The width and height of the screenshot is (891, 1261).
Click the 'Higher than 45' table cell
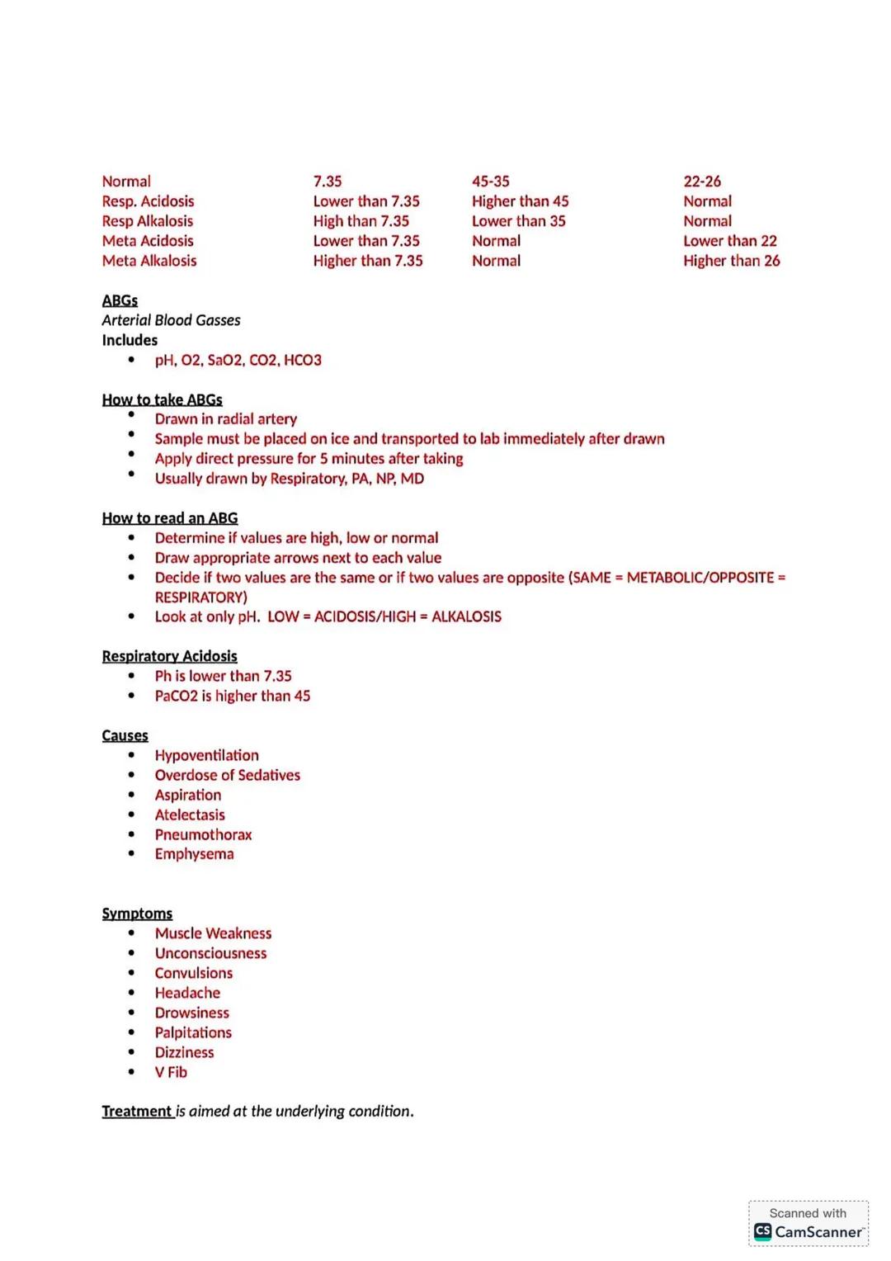tap(520, 201)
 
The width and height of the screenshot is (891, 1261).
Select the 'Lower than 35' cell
tap(518, 221)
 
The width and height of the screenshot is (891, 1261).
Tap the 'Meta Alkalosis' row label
tap(149, 261)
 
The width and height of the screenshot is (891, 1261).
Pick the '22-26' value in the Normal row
tap(701, 182)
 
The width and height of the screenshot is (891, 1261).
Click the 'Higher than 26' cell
tap(731, 261)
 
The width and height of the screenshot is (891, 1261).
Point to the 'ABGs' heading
tap(120, 300)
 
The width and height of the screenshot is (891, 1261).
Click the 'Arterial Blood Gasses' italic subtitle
tap(171, 320)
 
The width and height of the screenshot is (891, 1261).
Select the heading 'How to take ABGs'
tap(162, 399)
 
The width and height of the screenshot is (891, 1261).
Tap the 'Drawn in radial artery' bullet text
tap(225, 419)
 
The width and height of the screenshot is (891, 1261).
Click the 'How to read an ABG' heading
tap(169, 518)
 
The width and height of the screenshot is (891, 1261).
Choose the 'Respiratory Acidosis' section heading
tap(169, 656)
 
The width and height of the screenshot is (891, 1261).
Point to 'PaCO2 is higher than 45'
tap(232, 696)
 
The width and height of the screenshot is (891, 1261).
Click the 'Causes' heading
tap(125, 735)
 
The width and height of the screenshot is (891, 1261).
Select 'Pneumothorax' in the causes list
tap(203, 834)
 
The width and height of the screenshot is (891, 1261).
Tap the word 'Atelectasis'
tap(189, 815)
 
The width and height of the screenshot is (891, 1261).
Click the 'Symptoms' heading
tap(137, 914)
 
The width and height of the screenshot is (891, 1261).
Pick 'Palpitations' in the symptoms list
tap(193, 1032)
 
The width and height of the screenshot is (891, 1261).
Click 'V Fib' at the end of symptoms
tap(171, 1072)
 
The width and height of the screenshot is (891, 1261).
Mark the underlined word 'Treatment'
tap(136, 1112)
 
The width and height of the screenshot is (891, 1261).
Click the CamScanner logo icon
tap(763, 1231)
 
